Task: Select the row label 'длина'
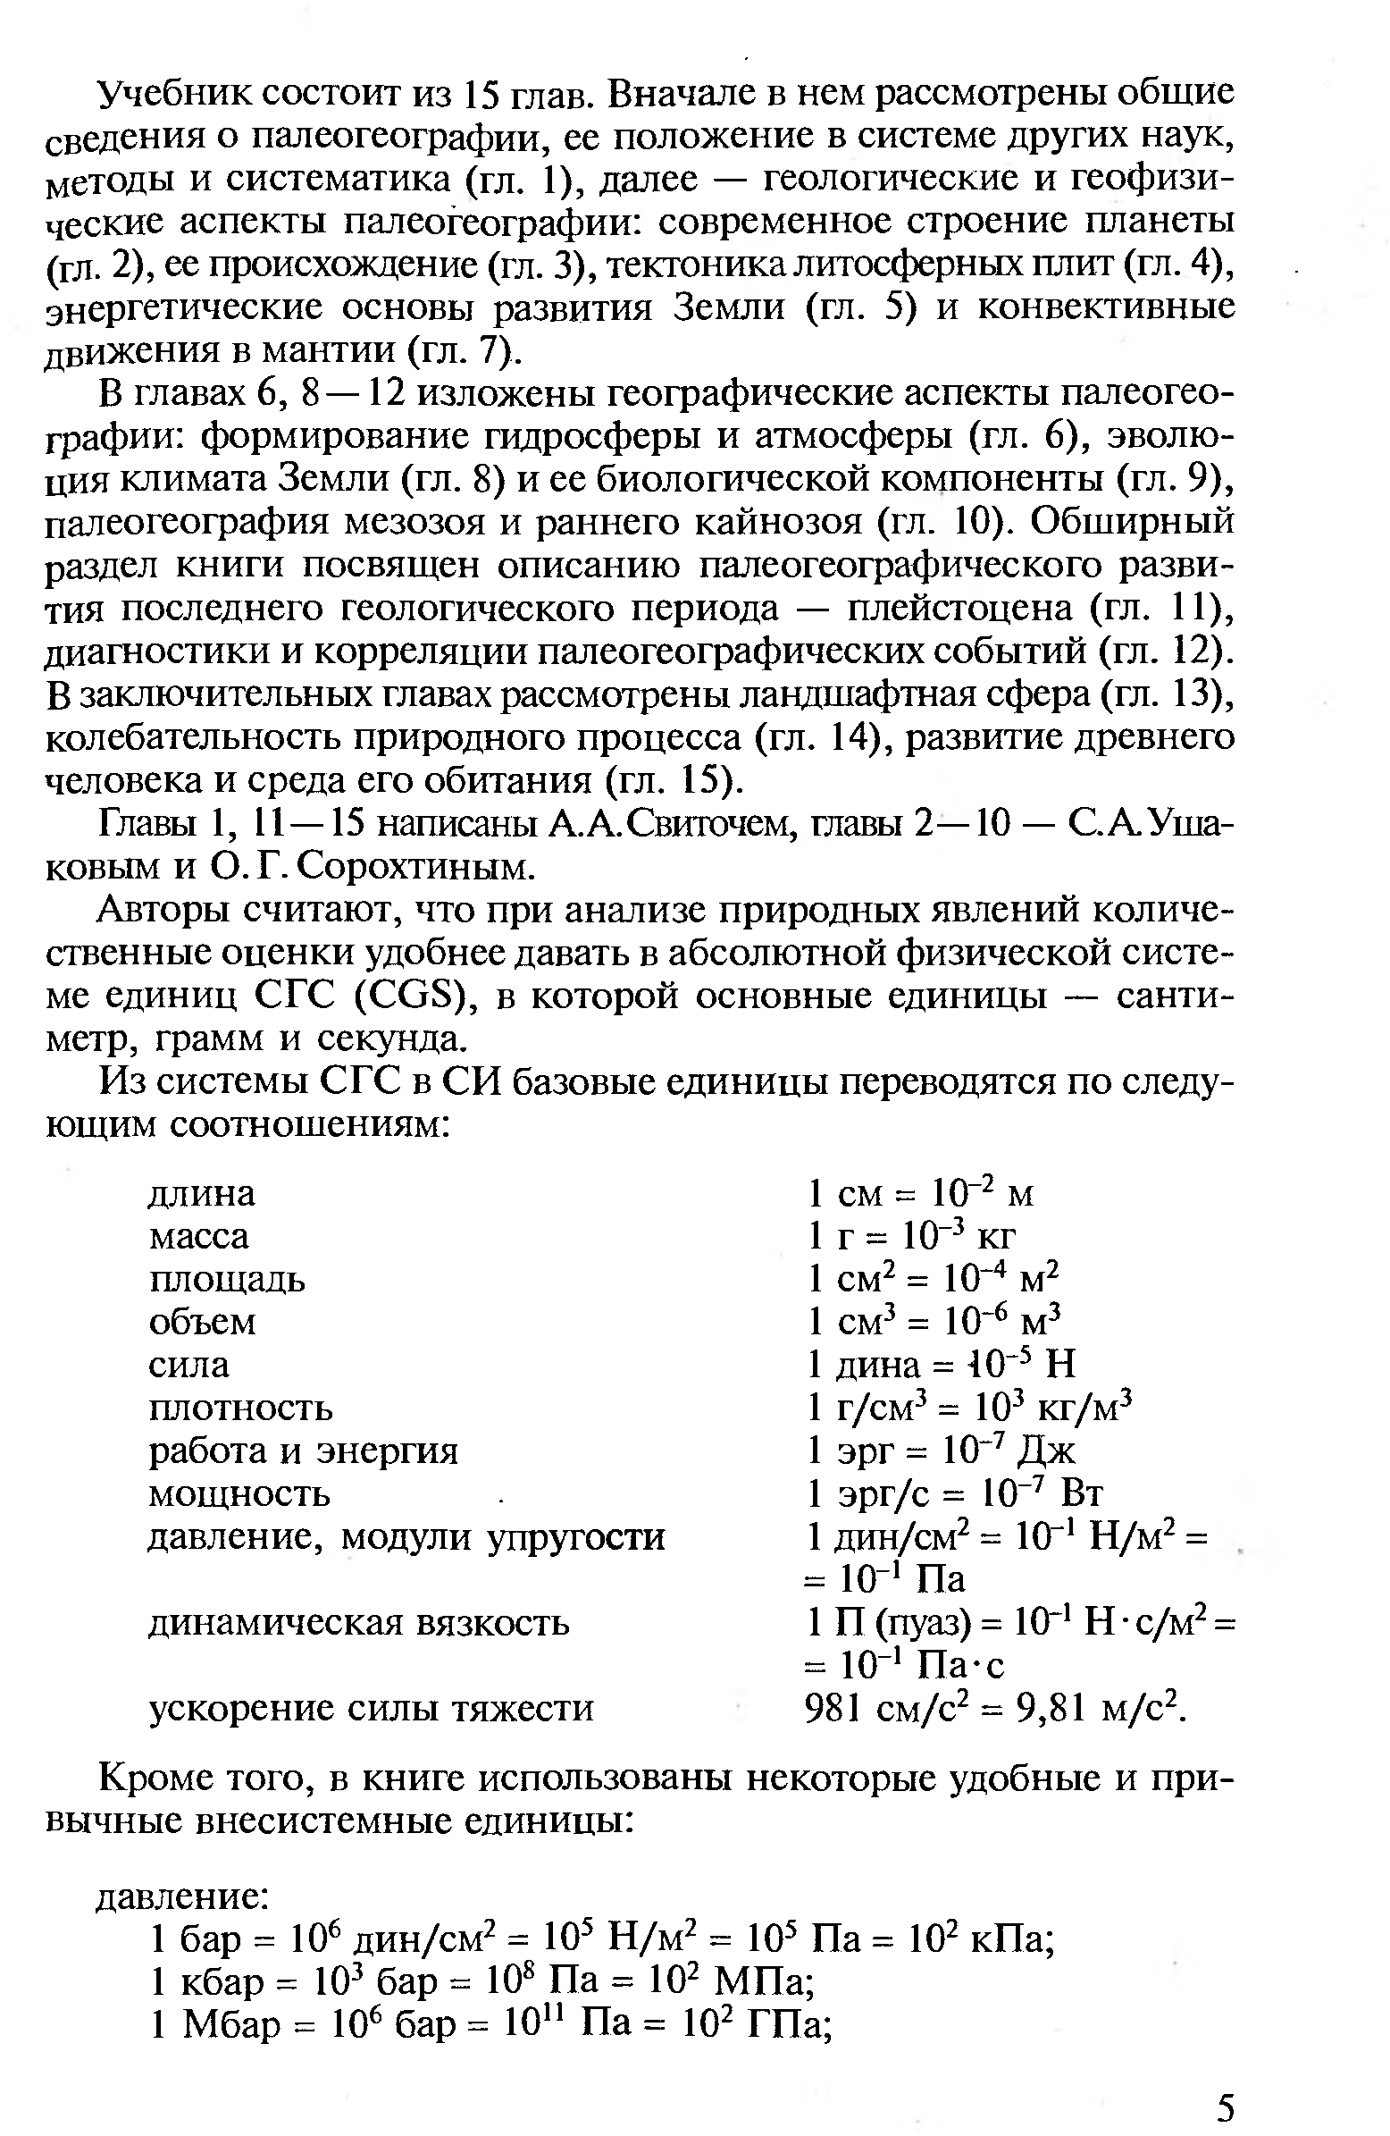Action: coord(202,1194)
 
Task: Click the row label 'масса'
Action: coord(198,1237)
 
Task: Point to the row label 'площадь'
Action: coord(227,1280)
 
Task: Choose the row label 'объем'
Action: coord(203,1323)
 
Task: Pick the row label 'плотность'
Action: coord(240,1409)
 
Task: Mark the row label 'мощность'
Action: coord(239,1494)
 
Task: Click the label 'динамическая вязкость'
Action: coord(358,1623)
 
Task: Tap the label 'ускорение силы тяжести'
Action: coord(371,1708)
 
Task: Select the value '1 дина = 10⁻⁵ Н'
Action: coord(941,1365)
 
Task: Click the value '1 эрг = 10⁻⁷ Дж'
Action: coord(941,1451)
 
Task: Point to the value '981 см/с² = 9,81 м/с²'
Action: coord(996,1708)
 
